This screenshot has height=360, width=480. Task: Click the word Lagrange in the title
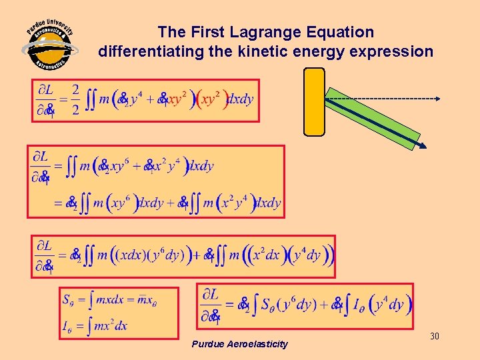tap(257, 32)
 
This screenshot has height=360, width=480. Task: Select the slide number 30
tap(435, 337)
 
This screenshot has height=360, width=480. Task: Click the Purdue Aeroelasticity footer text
tap(239, 344)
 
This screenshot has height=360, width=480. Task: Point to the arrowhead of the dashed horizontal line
tap(437, 99)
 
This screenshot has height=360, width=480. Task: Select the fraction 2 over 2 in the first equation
tap(75, 100)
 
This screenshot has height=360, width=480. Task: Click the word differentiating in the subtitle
tap(143, 51)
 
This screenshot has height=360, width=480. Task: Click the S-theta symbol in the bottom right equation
tap(267, 305)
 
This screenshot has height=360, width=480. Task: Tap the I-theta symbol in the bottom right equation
tap(358, 305)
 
